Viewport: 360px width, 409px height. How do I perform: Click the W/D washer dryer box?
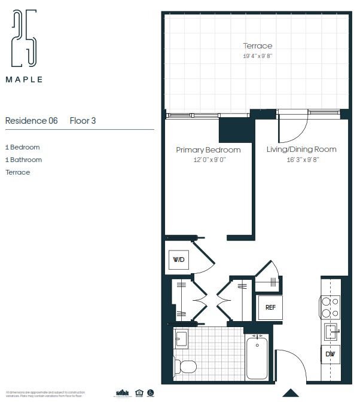click(179, 260)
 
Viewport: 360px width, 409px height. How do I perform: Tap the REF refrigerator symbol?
click(270, 307)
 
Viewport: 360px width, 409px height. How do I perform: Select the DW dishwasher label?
click(330, 354)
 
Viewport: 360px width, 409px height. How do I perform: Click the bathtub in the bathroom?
click(257, 357)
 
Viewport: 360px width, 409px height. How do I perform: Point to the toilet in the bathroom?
click(185, 366)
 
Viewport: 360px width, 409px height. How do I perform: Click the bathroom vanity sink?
click(181, 339)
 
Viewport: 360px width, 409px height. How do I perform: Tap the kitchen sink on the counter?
click(330, 331)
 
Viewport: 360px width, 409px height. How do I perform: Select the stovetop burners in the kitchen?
click(330, 307)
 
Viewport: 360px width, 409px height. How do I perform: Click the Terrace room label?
click(257, 46)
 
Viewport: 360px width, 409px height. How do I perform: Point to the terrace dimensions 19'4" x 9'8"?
click(257, 56)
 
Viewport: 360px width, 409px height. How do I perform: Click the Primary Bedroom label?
click(208, 149)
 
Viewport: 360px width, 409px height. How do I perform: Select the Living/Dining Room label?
click(301, 149)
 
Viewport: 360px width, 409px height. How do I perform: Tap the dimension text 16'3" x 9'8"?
click(301, 160)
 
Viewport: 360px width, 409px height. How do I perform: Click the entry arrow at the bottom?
click(291, 393)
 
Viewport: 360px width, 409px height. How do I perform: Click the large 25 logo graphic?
click(24, 38)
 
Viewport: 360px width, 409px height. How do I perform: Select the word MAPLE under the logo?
click(24, 79)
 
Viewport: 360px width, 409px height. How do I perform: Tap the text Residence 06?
click(31, 121)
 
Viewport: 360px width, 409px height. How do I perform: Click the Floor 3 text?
click(83, 121)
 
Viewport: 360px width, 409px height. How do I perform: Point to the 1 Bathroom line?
click(23, 160)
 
